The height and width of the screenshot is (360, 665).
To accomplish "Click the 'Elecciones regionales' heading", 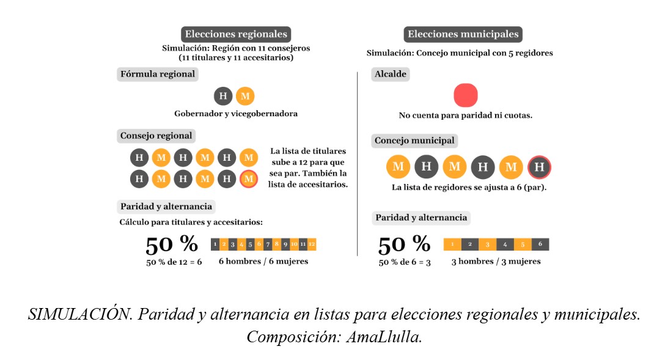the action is (x=236, y=34).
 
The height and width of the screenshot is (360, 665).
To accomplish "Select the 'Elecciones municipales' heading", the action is (x=463, y=34).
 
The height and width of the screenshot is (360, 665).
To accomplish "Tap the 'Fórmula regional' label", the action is (x=158, y=74).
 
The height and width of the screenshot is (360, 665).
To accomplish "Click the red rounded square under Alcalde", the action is (x=466, y=95).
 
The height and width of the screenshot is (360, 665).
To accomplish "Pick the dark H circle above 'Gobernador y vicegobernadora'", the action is (x=223, y=96).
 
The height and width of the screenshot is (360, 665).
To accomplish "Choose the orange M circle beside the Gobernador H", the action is (x=245, y=96).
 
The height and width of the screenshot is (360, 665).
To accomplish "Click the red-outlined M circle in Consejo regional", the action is (x=249, y=179).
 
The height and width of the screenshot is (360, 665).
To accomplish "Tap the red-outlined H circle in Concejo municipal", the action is (x=539, y=167).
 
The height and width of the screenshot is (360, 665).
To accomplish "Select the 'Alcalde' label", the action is (x=390, y=74).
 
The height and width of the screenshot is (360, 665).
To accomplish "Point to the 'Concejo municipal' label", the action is (x=414, y=141).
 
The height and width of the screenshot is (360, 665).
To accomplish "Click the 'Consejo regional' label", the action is (x=156, y=136).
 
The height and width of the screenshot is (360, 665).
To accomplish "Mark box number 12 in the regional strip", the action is (x=312, y=244).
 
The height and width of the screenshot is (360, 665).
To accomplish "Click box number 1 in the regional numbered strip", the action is (x=215, y=244).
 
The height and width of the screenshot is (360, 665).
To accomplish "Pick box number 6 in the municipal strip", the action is (x=540, y=244).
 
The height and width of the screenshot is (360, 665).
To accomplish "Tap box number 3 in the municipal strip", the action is (x=488, y=244).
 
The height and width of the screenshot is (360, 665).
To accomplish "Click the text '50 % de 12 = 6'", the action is (x=174, y=262).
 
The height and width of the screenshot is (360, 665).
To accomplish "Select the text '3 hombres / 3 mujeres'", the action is (x=496, y=262).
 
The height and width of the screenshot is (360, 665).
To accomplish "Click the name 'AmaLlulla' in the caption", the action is (x=384, y=337).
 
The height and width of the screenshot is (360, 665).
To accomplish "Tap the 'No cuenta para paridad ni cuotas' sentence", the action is (x=465, y=116).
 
